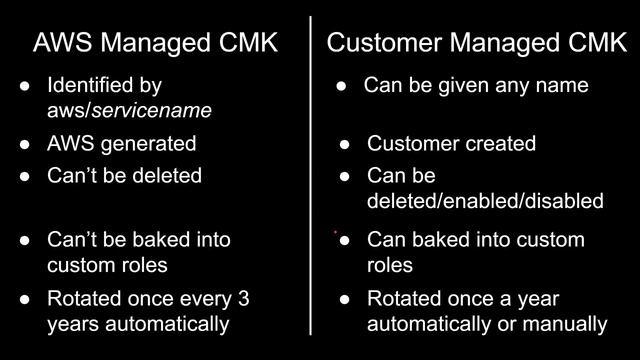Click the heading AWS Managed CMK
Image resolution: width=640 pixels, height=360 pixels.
point(155,43)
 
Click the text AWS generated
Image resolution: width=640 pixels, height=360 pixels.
point(122,143)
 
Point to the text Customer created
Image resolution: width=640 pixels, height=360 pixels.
point(451,143)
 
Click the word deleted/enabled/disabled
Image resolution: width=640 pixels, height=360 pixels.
point(485,200)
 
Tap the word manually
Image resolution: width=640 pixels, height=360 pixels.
point(571,323)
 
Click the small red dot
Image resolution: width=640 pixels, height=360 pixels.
point(335,233)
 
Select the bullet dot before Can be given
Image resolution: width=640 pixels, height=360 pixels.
point(341,86)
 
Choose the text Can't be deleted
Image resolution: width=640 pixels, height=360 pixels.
point(124,175)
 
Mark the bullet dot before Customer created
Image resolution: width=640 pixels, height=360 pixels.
point(345,143)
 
